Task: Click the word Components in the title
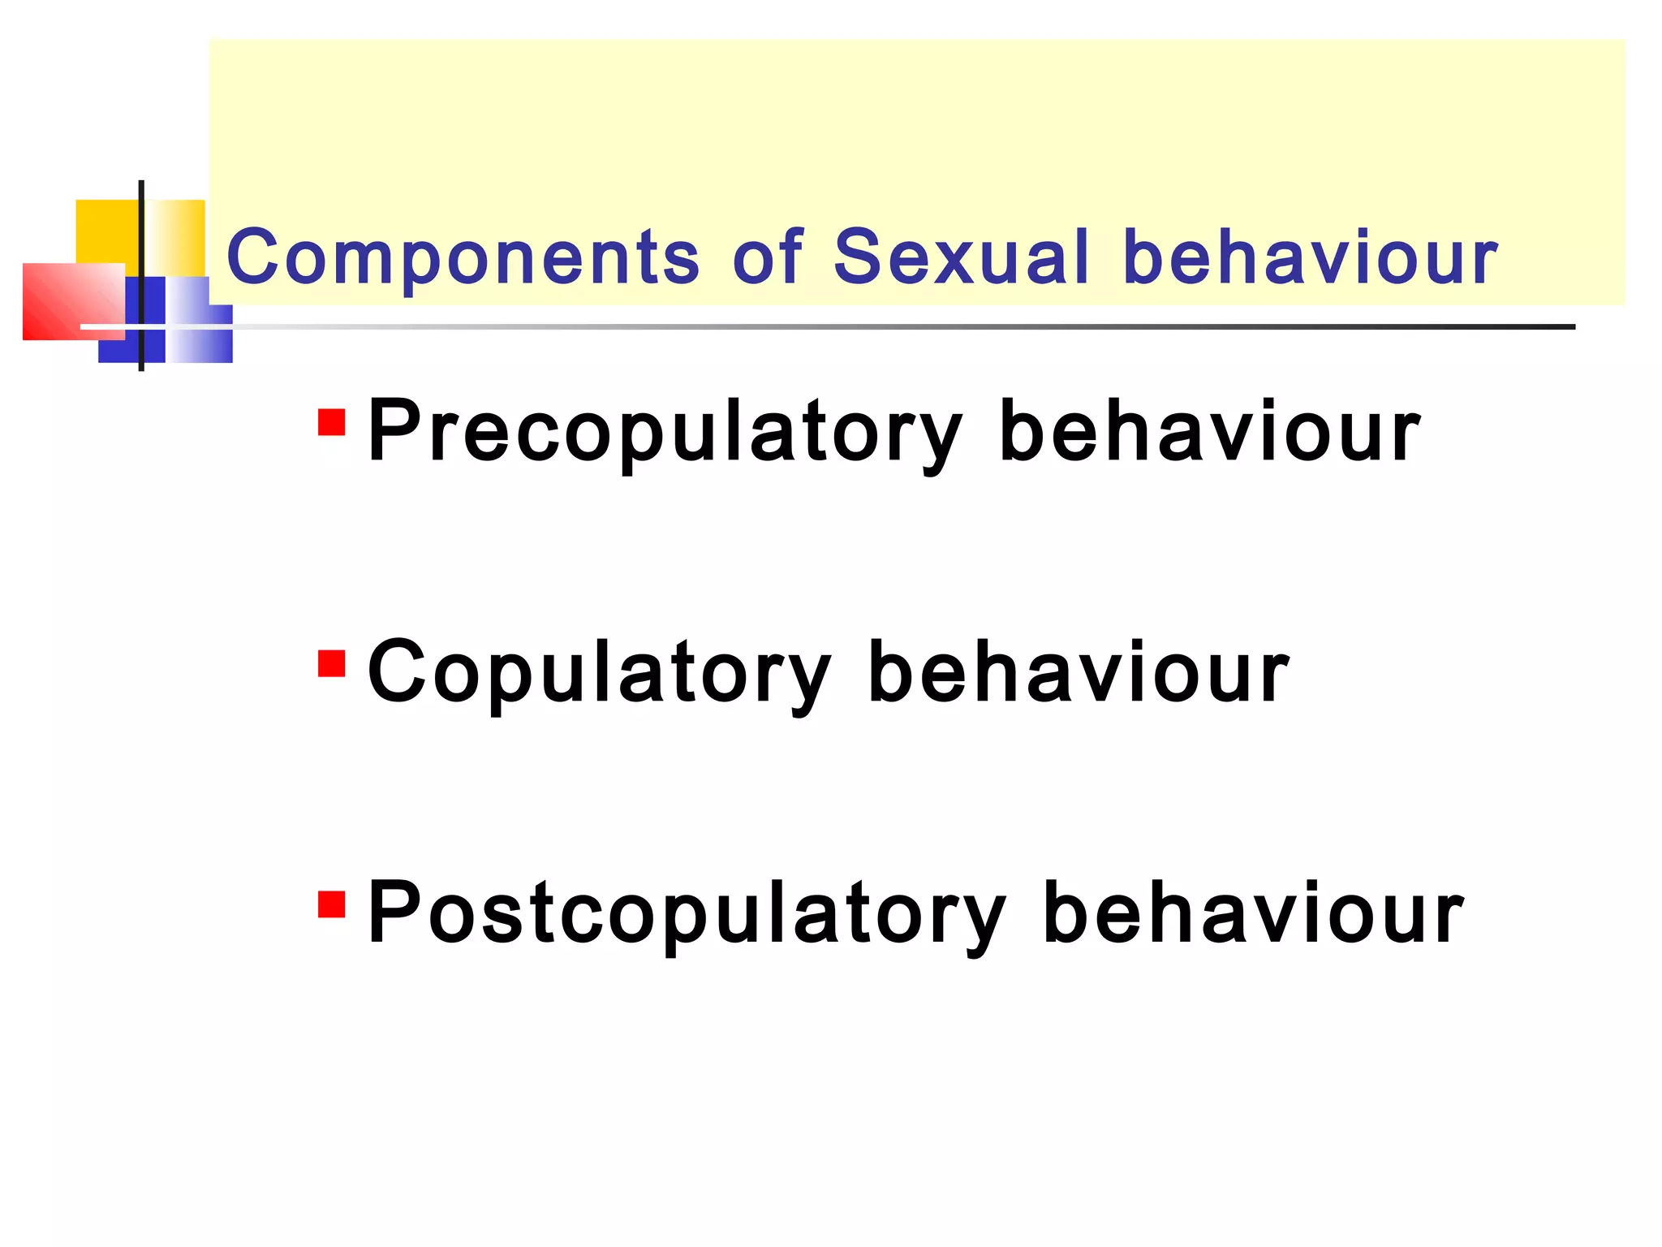pyautogui.click(x=463, y=257)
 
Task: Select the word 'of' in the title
pyautogui.click(x=767, y=257)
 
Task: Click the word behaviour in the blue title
pyautogui.click(x=1311, y=257)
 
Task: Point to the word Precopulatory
pyautogui.click(x=665, y=432)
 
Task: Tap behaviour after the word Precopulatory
pyautogui.click(x=1210, y=432)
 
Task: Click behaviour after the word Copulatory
pyautogui.click(x=1079, y=673)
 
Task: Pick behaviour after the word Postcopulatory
pyautogui.click(x=1253, y=914)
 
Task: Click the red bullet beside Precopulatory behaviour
pyautogui.click(x=332, y=422)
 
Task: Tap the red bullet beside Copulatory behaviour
pyautogui.click(x=332, y=663)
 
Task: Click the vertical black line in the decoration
pyautogui.click(x=142, y=244)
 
